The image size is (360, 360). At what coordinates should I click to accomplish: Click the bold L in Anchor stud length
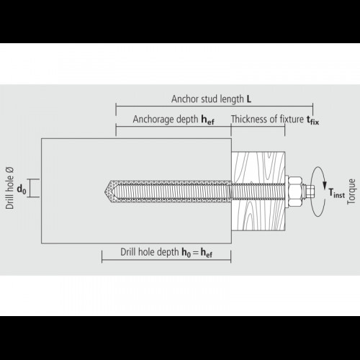249,99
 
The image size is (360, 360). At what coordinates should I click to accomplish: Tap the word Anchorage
153,120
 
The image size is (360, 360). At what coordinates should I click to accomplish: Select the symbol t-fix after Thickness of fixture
313,120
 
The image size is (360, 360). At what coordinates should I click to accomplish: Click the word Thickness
246,119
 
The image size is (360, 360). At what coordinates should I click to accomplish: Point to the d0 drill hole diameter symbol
22,189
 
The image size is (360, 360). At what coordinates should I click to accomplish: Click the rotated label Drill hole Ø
10,188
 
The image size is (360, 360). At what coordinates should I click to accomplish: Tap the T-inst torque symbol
336,193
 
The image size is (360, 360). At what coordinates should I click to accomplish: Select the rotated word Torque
351,192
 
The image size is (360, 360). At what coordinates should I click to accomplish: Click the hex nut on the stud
295,192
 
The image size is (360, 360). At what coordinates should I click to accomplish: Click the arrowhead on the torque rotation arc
325,185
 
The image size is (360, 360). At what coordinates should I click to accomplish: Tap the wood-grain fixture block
258,191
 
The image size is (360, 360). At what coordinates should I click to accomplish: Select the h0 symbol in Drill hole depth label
186,253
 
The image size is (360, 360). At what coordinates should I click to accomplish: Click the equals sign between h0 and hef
196,253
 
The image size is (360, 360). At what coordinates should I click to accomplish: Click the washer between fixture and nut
287,192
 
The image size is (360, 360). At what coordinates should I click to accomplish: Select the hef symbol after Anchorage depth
207,120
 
